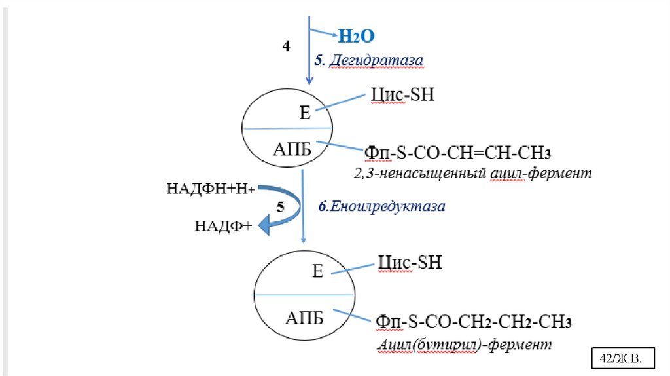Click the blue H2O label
click(356, 37)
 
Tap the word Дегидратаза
click(376, 60)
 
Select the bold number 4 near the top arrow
click(286, 47)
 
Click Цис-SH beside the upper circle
click(402, 95)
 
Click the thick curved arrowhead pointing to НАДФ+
click(265, 225)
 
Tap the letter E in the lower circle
click(318, 271)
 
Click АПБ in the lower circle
click(304, 319)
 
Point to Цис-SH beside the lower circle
click(410, 263)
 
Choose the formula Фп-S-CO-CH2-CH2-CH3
click(474, 323)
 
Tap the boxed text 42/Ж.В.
click(622, 358)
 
